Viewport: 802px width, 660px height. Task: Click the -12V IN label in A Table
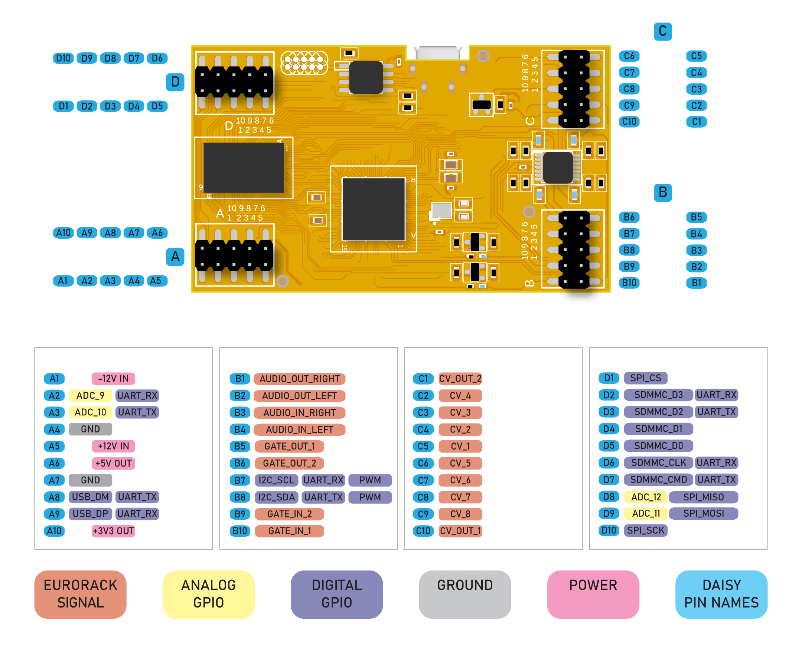coord(113,379)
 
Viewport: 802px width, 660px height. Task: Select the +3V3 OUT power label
coord(113,531)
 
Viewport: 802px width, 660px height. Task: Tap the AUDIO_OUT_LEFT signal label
coord(299,396)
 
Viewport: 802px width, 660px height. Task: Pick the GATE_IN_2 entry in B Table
coord(289,514)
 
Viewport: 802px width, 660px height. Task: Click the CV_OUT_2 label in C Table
coord(460,379)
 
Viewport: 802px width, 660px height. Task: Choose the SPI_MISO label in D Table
coord(703,497)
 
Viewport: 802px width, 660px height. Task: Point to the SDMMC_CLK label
coord(658,463)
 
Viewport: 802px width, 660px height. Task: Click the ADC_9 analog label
coord(90,395)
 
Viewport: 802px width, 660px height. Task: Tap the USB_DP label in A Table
coord(90,514)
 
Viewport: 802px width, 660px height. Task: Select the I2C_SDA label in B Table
coord(277,497)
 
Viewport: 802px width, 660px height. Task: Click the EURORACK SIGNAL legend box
coord(80,594)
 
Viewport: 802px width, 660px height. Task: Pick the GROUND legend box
coord(465,594)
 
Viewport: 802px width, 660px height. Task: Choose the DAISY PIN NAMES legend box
coord(721,594)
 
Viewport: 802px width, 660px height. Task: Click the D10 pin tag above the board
coord(63,58)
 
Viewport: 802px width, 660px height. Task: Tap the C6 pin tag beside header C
coord(629,56)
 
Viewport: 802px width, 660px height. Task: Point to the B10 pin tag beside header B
coord(629,283)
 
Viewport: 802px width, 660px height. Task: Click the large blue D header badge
coord(175,82)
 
